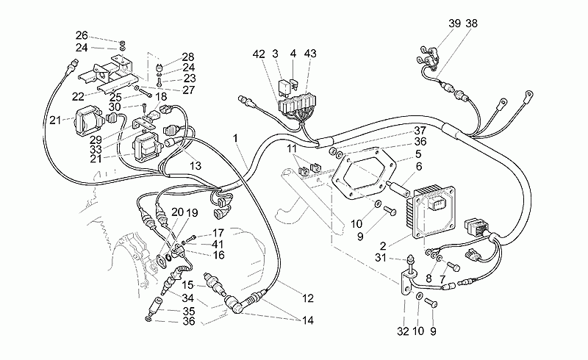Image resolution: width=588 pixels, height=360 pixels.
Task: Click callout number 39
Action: [x=454, y=24]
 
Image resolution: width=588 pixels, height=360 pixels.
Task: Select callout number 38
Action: [x=471, y=24]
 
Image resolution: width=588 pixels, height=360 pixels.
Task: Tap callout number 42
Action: [x=259, y=54]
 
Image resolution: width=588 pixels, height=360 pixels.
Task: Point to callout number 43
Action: [x=310, y=54]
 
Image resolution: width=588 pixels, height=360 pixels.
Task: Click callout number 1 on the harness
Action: [x=235, y=138]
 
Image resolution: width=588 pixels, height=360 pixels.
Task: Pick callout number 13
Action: [x=196, y=165]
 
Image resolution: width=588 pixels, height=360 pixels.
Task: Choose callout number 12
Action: [x=307, y=298]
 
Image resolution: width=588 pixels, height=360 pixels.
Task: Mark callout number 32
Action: [x=403, y=331]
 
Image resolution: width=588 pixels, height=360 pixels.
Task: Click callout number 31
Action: [x=381, y=258]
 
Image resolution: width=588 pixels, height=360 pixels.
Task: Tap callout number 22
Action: [x=78, y=97]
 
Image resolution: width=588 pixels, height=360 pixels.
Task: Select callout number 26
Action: [x=82, y=35]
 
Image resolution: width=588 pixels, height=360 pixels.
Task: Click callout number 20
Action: [x=177, y=212]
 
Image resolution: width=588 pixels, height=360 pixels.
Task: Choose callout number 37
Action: [x=420, y=131]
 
